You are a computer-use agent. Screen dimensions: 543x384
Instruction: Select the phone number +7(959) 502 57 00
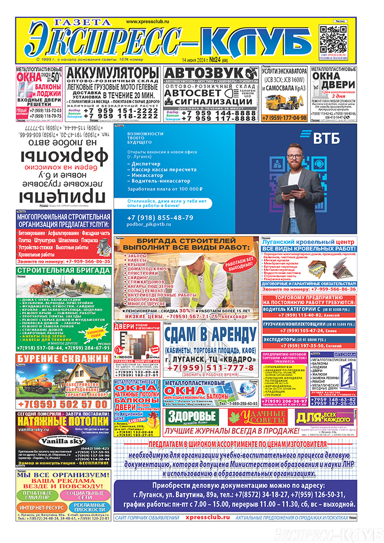[x=63, y=405]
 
